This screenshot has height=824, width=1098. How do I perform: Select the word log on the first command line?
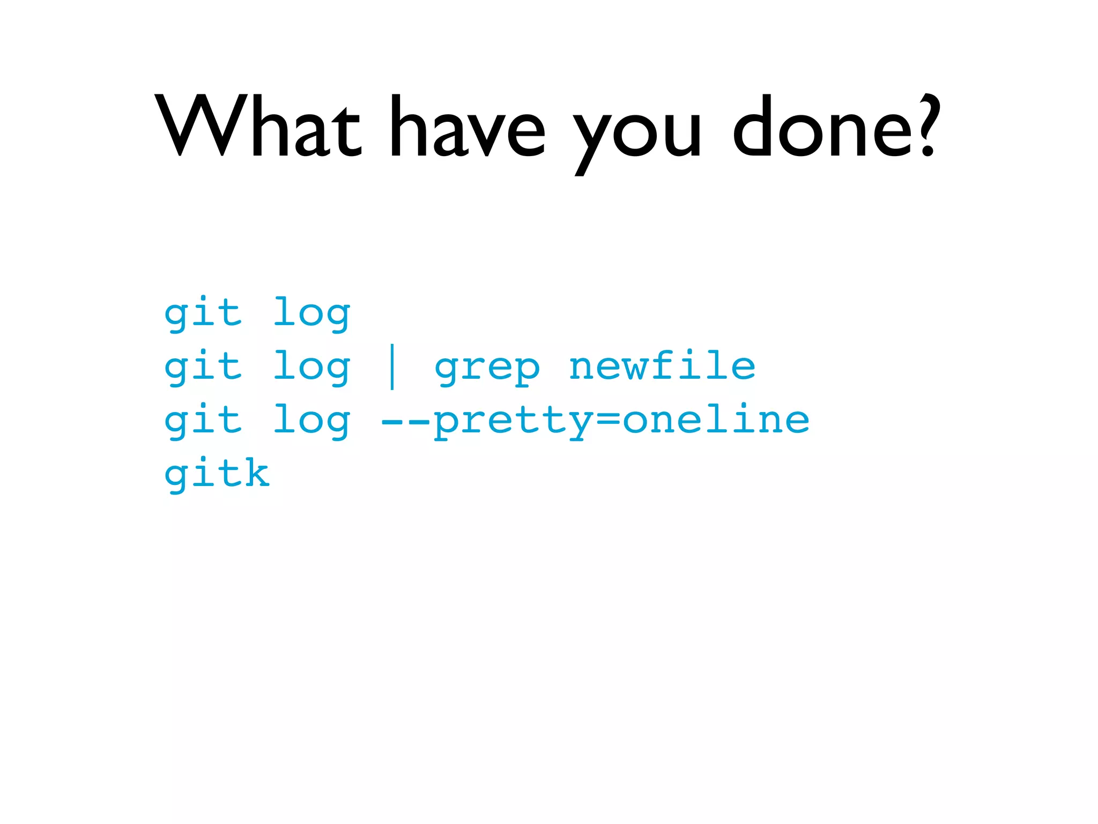[x=311, y=313]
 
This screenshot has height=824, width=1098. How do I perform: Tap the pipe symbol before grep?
[x=392, y=367]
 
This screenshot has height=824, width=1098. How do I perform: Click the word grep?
[x=487, y=369]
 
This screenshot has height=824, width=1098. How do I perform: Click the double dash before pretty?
[x=405, y=422]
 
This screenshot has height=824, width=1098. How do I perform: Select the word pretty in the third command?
[x=513, y=423]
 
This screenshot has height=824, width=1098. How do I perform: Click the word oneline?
[x=716, y=420]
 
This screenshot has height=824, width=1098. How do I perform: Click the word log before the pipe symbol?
[x=311, y=367]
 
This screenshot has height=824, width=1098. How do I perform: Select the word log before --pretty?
[x=311, y=421]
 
